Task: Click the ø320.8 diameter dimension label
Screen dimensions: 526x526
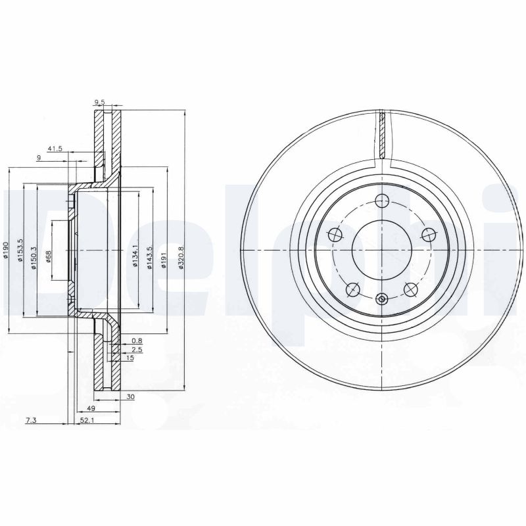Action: point(181,258)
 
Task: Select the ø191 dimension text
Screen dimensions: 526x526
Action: point(164,260)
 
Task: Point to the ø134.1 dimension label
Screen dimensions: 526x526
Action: point(135,256)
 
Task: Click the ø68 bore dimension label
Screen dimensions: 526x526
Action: point(48,257)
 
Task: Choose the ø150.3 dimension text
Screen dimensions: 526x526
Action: point(34,258)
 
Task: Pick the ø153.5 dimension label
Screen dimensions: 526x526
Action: point(20,251)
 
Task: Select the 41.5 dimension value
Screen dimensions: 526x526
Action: point(55,149)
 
